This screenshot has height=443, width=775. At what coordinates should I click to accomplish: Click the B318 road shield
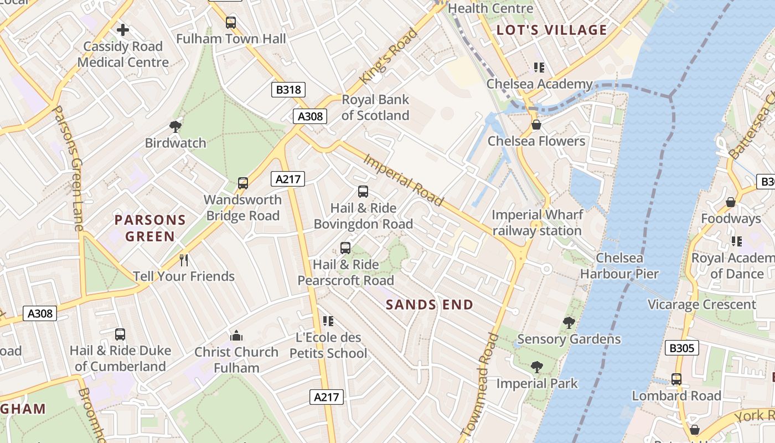pos(288,90)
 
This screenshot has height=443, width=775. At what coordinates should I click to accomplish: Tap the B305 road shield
pos(681,348)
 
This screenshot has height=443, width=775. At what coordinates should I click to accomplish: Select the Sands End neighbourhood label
pos(430,305)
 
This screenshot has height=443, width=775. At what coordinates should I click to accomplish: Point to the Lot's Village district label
pos(552,30)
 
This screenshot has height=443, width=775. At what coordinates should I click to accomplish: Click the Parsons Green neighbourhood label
pos(150,228)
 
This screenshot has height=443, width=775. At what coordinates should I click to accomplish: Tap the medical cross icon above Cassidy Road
pos(123,29)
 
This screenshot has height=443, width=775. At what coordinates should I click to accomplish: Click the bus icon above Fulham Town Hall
pos(231,23)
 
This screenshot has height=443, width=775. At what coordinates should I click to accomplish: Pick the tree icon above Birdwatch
pos(175,127)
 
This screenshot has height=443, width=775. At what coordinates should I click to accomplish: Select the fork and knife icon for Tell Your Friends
pos(184,260)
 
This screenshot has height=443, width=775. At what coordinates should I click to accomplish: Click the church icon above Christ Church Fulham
pos(236,336)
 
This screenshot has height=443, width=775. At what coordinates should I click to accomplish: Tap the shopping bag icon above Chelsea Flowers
pos(536,125)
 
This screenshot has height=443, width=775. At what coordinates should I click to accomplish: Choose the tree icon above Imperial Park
pos(536,367)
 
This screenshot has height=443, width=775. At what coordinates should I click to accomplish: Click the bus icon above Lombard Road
pos(676,379)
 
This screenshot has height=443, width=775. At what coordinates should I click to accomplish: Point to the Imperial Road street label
pos(404,180)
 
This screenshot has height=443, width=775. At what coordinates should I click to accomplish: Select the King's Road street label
pos(388,56)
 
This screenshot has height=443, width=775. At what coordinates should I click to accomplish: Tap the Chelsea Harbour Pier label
pos(619,266)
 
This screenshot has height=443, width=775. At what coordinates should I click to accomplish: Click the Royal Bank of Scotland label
pos(375,107)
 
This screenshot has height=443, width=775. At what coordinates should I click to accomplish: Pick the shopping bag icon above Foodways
pos(731,202)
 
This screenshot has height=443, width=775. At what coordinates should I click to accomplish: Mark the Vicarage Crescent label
pos(701,305)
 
